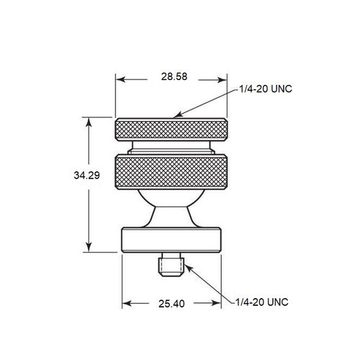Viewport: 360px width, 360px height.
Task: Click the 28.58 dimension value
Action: coord(171,76)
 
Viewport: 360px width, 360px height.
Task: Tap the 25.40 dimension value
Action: coord(172,304)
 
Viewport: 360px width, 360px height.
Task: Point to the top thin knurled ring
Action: coord(173,130)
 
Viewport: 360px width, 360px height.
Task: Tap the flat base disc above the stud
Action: coord(173,238)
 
